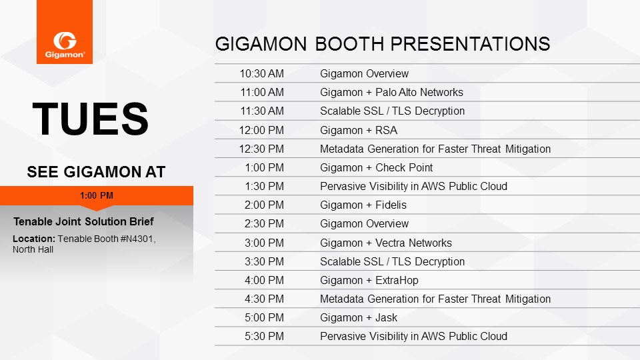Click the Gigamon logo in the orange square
click(x=65, y=45)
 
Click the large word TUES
click(x=91, y=119)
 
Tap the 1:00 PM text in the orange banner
click(x=97, y=195)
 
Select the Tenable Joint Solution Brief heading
click(x=83, y=221)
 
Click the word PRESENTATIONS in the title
click(x=433, y=44)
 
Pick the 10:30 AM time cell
click(x=261, y=73)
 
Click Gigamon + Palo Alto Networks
click(x=391, y=92)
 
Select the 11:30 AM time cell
click(x=261, y=111)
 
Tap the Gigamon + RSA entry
click(x=359, y=130)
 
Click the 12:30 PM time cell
click(x=261, y=149)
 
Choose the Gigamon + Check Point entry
click(x=376, y=168)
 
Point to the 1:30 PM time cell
click(x=264, y=186)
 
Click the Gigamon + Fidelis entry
click(x=363, y=205)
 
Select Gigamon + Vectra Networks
click(x=386, y=243)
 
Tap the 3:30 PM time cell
click(x=264, y=261)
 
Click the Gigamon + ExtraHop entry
click(x=369, y=281)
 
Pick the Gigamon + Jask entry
click(x=359, y=317)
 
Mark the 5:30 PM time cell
click(x=264, y=336)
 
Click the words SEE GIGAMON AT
click(x=96, y=172)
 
